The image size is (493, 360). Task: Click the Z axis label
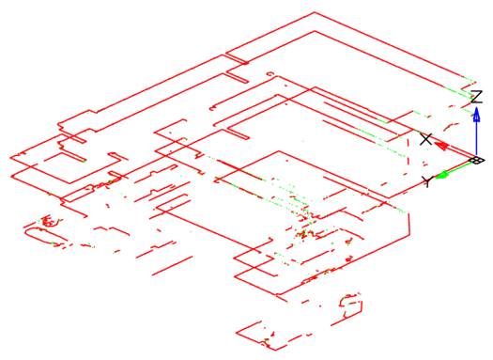point(477,96)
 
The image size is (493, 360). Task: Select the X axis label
point(426,139)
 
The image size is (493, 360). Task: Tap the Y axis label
point(427,180)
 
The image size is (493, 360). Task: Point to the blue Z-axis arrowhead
point(476,115)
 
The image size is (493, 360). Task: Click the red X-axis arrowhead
point(441,145)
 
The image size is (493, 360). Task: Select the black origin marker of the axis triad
point(476,161)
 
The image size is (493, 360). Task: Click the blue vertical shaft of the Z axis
point(476,136)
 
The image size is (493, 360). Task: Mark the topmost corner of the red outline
point(314,12)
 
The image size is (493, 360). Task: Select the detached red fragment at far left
point(42,226)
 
